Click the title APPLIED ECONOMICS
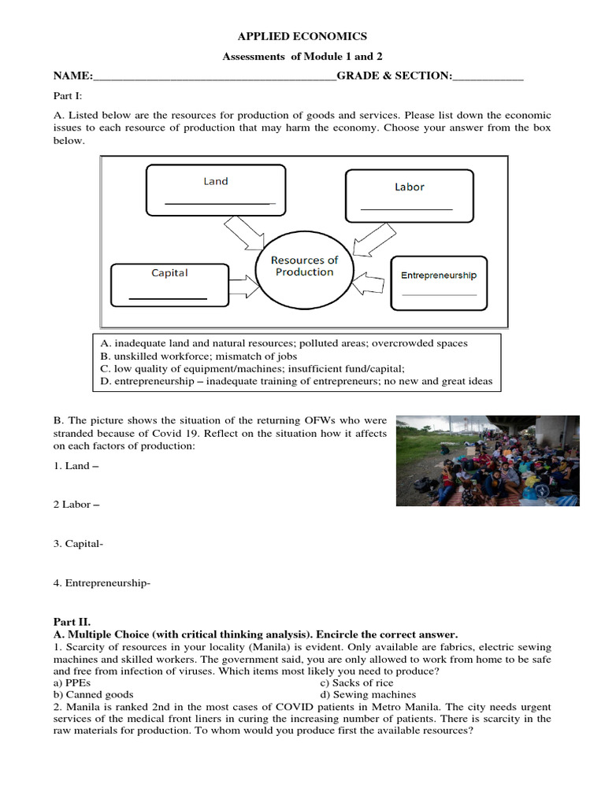(302, 36)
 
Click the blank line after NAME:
(214, 77)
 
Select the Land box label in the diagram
(215, 181)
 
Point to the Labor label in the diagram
(409, 187)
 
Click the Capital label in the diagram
(169, 272)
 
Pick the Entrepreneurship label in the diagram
(439, 275)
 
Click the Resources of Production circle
(304, 267)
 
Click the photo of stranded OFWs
(487, 460)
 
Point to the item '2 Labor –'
(76, 505)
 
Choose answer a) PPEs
(72, 683)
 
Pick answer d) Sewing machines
(368, 695)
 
